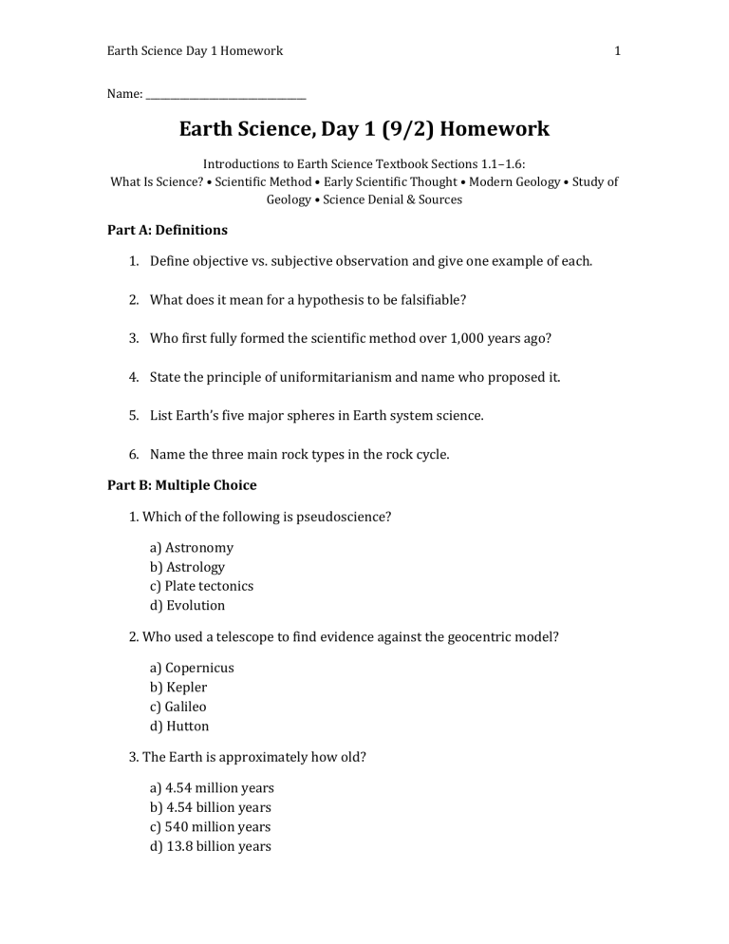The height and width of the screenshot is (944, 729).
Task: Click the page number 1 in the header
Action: coord(617,51)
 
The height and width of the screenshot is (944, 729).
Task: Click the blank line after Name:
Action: coord(226,95)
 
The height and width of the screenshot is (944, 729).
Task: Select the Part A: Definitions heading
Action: coord(167,230)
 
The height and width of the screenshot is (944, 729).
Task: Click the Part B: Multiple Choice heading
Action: coord(181,485)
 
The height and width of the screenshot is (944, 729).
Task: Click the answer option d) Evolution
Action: coord(188,605)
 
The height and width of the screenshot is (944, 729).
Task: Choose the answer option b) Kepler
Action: coord(178,687)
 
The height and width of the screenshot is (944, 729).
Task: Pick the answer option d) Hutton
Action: coord(179,726)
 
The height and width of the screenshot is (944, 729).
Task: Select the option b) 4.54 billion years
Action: coord(211,807)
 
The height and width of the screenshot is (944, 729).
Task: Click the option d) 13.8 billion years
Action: coord(211,846)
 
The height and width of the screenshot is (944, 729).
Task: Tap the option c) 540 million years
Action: coord(211,827)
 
